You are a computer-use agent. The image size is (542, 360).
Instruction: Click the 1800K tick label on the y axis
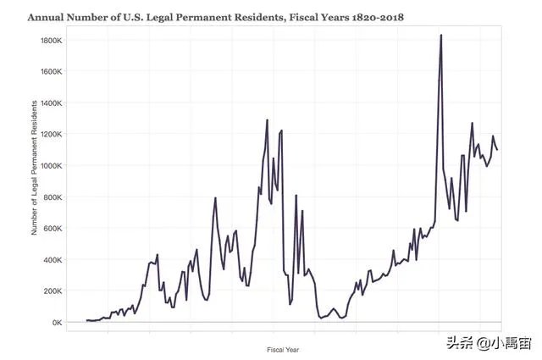[x=49, y=41]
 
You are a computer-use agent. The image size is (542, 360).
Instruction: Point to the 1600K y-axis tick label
[x=49, y=72]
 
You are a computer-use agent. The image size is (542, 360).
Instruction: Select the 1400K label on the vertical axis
[x=49, y=103]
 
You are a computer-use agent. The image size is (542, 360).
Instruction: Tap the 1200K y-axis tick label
[x=49, y=135]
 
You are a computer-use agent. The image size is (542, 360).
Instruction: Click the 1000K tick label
[x=49, y=166]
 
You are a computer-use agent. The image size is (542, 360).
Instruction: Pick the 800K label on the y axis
[x=51, y=197]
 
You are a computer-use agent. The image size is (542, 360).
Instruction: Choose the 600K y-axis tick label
[x=51, y=229]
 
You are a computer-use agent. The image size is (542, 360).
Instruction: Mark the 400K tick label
[x=51, y=260]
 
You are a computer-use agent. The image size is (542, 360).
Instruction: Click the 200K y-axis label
[x=51, y=291]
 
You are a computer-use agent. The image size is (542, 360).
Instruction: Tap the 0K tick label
[x=54, y=323]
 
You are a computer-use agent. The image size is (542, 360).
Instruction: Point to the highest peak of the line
[x=441, y=36]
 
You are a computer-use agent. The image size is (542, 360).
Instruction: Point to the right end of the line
[x=497, y=150]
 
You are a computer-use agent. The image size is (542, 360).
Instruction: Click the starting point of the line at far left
[x=86, y=320]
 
